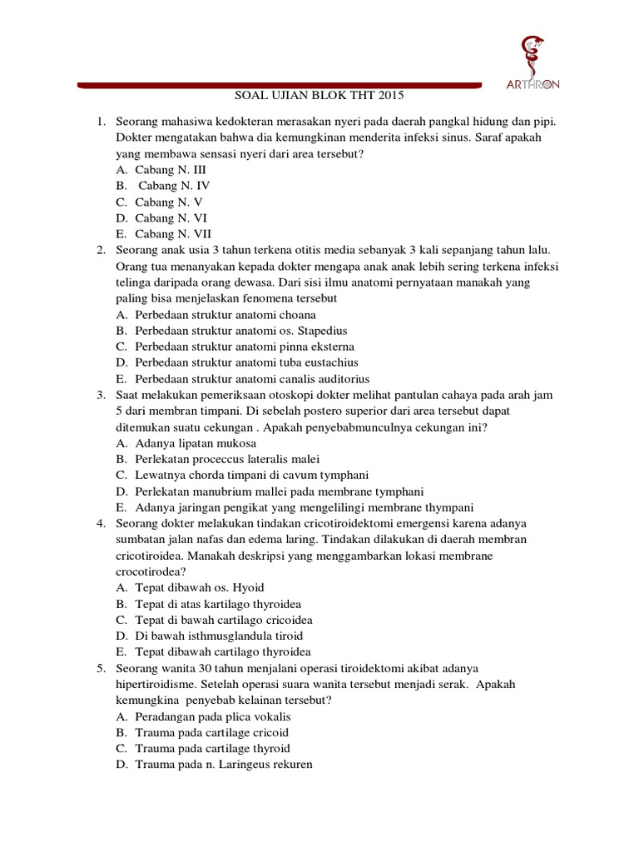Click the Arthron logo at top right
click(533, 63)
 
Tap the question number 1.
click(100, 122)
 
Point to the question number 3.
click(100, 394)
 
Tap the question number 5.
click(100, 668)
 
